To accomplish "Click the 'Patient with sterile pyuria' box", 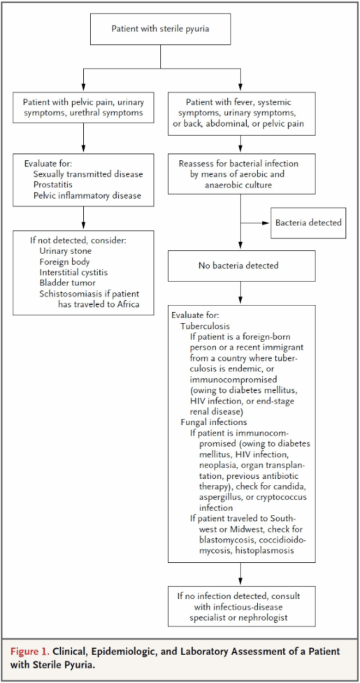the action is tap(161, 29).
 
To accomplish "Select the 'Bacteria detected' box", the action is tap(308, 223).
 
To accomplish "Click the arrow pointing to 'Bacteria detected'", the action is tap(255, 223).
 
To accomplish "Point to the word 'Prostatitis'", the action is tap(51, 185).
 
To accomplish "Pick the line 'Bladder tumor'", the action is tap(63, 283).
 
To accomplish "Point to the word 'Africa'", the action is tap(128, 304).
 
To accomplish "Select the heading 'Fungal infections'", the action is tap(214, 422).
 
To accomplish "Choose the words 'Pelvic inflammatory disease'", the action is tap(87, 195).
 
